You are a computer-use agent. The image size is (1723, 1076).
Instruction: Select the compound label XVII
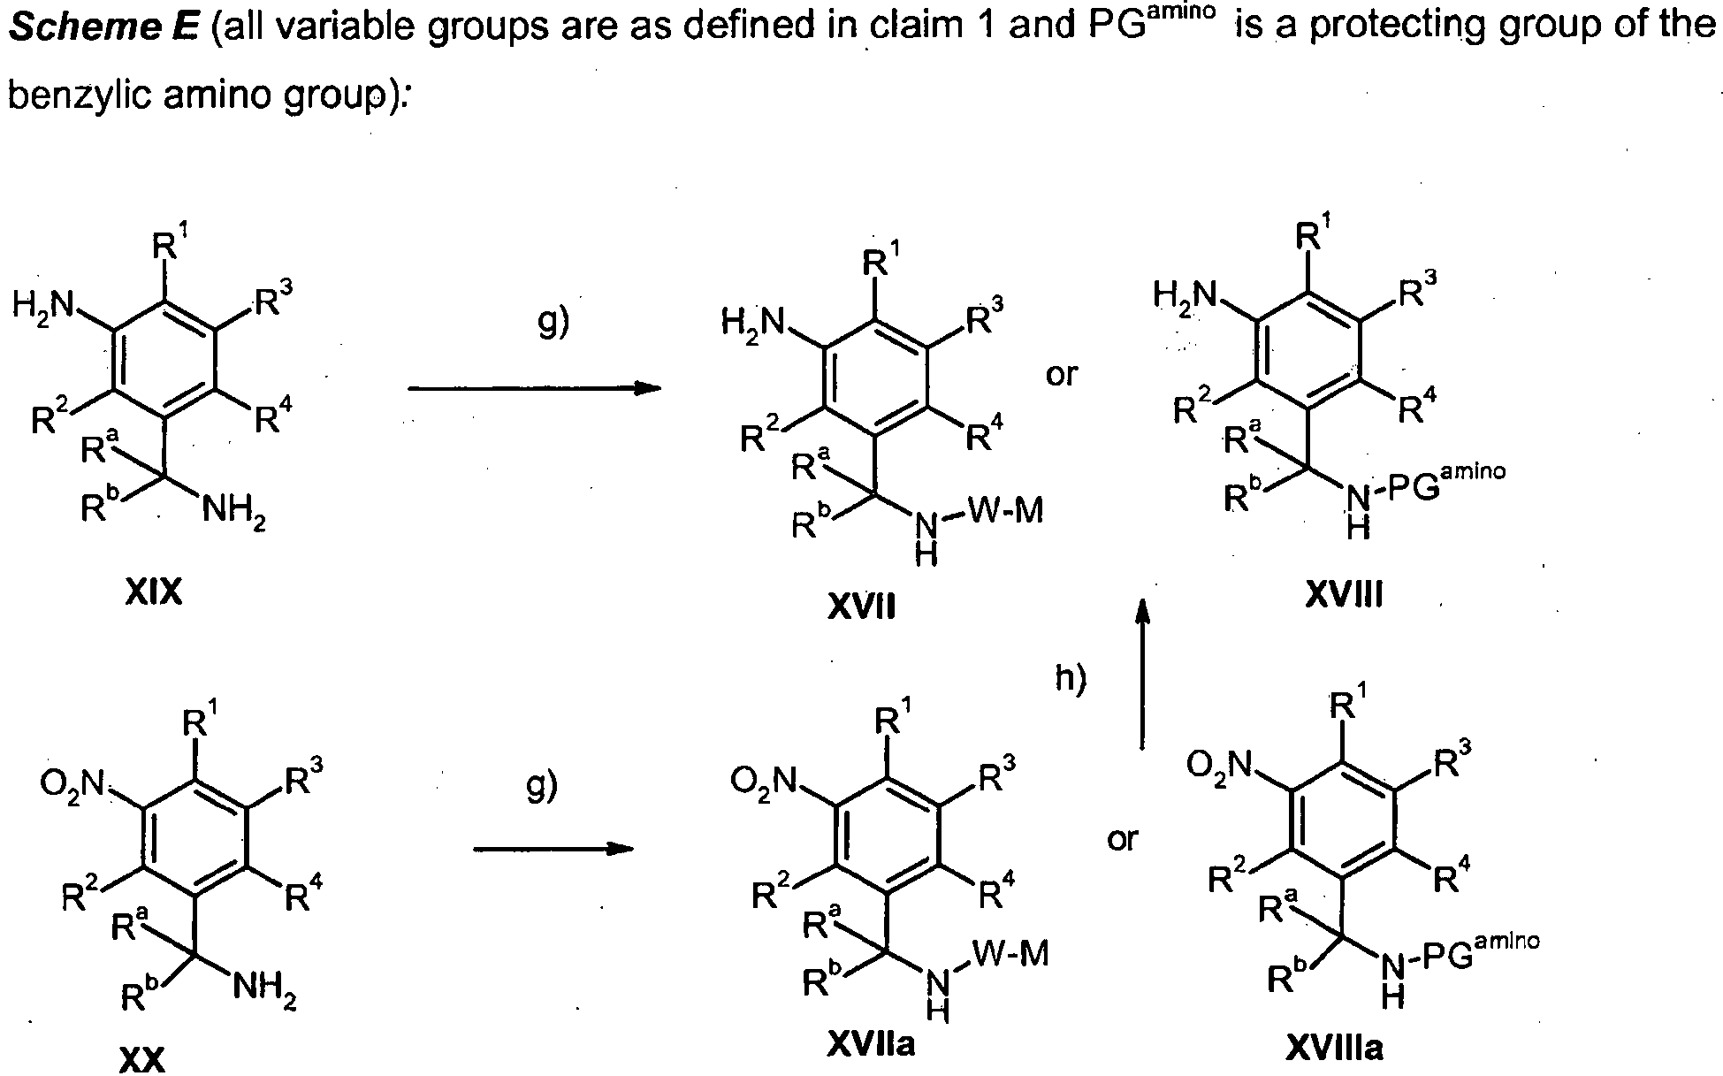862,607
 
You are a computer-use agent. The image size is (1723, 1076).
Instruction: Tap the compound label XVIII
1344,596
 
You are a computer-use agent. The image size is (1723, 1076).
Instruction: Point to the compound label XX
141,1058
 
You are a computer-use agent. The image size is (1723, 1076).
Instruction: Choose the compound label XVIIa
871,1045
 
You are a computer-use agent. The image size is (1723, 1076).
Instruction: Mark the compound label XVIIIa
1335,1048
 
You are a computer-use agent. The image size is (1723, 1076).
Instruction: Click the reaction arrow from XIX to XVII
535,388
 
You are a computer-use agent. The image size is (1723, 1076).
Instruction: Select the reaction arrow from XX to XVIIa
554,849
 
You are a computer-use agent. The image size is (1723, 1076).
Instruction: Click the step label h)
1071,679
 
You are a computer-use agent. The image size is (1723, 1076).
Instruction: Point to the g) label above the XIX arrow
553,323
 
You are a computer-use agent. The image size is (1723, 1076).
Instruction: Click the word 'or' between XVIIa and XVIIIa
1123,838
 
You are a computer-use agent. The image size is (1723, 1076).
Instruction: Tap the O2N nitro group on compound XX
72,782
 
